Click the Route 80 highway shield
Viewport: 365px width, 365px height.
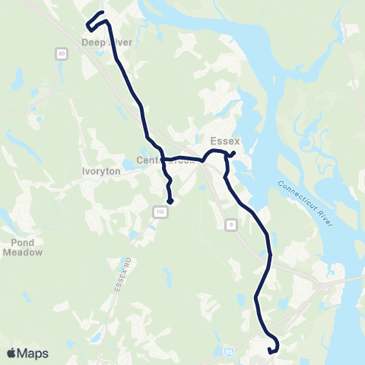tap(61, 53)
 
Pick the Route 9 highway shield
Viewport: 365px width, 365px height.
tap(231, 224)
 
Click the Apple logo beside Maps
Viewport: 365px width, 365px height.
tap(11, 353)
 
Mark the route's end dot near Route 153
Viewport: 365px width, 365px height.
tap(171, 202)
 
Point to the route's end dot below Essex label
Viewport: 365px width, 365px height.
tap(232, 155)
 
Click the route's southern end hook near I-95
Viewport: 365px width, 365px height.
tap(271, 351)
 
